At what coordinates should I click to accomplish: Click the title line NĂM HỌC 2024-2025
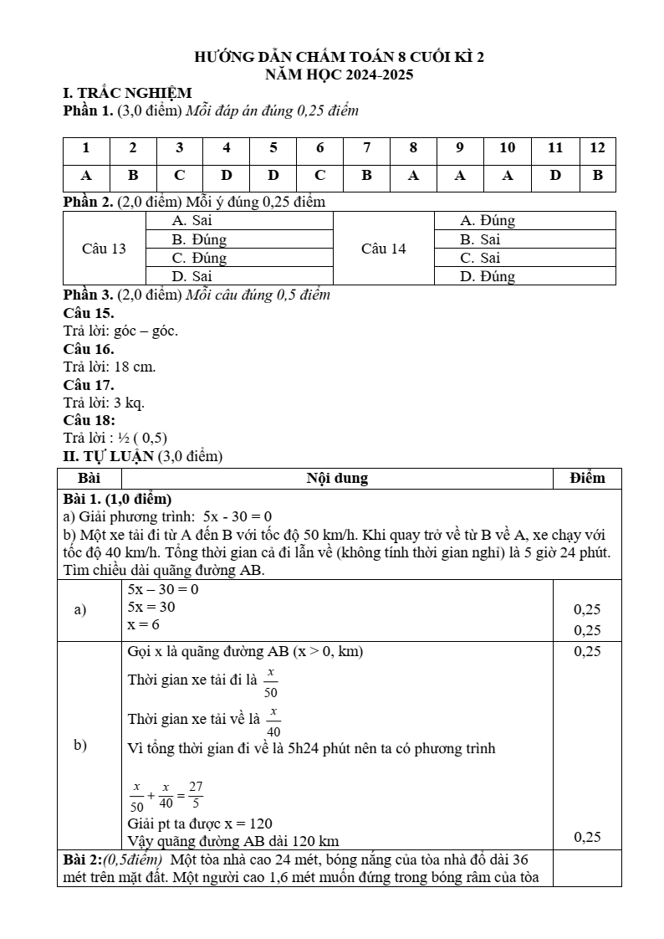point(339,74)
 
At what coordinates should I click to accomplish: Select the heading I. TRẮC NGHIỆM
point(128,93)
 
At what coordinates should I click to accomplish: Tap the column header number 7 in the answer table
point(366,148)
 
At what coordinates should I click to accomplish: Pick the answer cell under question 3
point(179,176)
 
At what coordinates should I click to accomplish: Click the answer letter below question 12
point(597,176)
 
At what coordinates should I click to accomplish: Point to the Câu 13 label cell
point(105,249)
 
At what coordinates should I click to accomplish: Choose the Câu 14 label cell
point(384,249)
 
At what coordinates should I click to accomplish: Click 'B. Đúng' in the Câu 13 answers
point(199,239)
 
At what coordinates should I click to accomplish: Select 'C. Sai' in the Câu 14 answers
point(480,258)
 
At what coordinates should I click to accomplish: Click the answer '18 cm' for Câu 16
point(135,367)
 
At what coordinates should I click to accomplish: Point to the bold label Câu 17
point(89,385)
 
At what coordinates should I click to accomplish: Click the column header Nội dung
point(337,479)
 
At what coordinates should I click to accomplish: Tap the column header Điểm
point(587,479)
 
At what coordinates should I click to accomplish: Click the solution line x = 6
point(143,625)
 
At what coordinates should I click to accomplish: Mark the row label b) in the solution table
point(80,745)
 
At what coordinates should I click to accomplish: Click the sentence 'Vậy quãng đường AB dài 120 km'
point(232,840)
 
